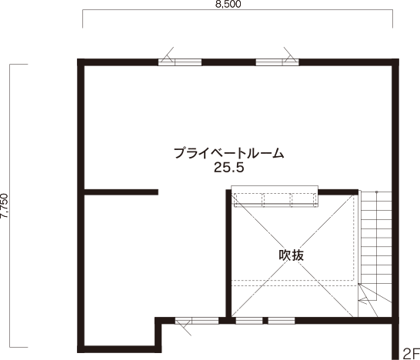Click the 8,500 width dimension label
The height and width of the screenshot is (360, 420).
point(228,4)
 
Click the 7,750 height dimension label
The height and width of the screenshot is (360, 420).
point(5,205)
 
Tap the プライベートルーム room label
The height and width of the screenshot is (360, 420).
point(228,153)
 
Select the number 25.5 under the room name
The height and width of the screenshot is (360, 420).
point(229,168)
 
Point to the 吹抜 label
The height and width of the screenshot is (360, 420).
point(292,255)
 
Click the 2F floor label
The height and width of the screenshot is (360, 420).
point(411,353)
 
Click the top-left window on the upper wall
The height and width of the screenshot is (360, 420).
point(180,62)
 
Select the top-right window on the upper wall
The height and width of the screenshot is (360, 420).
point(277,62)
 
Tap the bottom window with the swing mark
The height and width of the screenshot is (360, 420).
point(197,321)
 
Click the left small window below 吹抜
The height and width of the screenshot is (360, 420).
point(249,321)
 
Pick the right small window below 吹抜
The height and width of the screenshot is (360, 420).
point(282,321)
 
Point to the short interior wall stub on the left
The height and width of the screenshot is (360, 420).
point(121,192)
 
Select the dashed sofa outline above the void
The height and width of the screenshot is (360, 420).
point(275,200)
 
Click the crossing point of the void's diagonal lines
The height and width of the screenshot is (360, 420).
point(292,255)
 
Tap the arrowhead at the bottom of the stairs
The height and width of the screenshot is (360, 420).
point(363,300)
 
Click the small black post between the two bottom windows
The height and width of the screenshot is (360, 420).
point(265,321)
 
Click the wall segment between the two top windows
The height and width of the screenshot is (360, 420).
point(228,62)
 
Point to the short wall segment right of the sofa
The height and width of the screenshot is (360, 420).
point(338,192)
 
